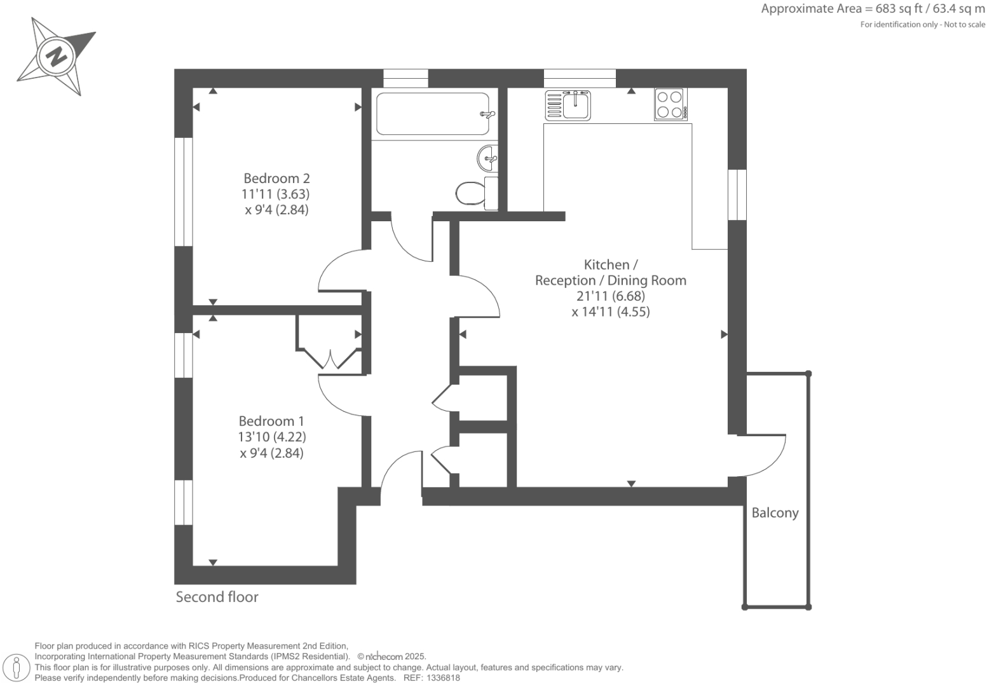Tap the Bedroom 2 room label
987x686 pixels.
(x=276, y=179)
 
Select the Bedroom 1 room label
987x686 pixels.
(x=271, y=421)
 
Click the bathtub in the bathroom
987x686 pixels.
(x=432, y=114)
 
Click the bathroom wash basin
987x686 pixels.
(x=487, y=158)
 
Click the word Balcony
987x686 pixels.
(x=775, y=513)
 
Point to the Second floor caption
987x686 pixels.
(x=217, y=597)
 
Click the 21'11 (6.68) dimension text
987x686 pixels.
(x=610, y=296)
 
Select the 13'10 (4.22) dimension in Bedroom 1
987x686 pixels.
(x=271, y=437)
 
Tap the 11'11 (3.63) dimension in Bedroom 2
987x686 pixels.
(x=276, y=194)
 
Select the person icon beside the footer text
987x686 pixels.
(x=17, y=668)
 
